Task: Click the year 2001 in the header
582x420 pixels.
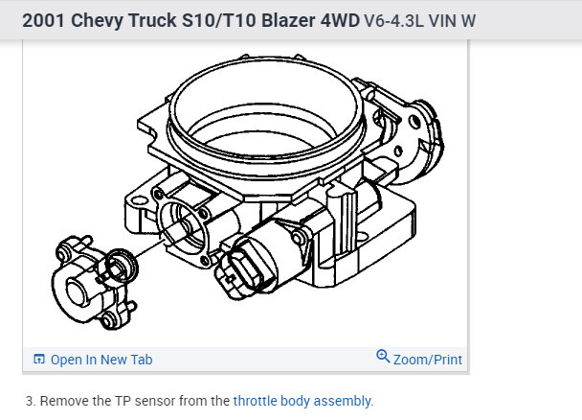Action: [44, 20]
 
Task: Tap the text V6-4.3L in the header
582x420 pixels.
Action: [393, 21]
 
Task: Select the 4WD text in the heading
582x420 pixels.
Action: [340, 20]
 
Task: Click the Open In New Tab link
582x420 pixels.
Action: [101, 360]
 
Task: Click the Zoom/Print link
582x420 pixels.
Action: [428, 360]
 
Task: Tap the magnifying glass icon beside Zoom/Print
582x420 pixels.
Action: [383, 356]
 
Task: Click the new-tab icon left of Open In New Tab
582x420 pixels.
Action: [39, 359]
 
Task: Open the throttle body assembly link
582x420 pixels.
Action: [302, 401]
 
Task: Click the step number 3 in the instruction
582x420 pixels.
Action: [30, 401]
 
